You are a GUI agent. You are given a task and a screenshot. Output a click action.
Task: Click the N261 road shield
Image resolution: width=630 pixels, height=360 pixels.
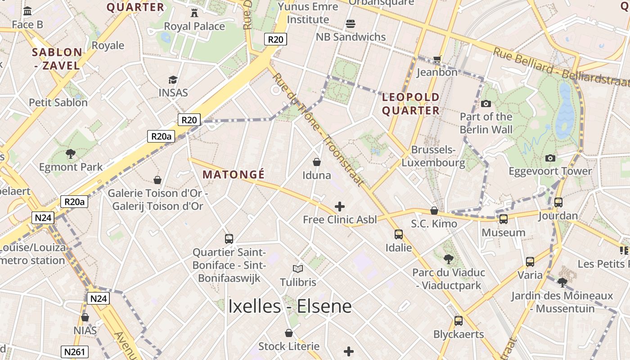pos(75,351)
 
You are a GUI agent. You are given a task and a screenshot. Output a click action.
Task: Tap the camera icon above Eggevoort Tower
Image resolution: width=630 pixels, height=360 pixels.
pos(550,158)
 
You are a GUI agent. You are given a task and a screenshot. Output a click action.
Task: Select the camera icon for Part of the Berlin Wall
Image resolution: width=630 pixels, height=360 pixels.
pos(486,103)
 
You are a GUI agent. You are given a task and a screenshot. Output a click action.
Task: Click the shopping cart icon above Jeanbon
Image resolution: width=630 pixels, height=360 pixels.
pos(437,59)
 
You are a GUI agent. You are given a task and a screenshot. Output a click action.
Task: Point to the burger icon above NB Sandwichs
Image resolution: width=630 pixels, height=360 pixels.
pos(351,23)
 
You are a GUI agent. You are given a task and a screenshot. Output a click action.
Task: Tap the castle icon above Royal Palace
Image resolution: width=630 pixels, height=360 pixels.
pos(194,13)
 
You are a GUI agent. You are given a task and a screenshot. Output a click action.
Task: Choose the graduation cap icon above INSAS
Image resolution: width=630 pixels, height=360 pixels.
pos(173,80)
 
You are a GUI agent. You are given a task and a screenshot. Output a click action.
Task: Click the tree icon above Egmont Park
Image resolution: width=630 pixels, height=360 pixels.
pos(71,154)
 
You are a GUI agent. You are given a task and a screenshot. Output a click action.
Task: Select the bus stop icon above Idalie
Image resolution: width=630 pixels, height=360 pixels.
pos(399,234)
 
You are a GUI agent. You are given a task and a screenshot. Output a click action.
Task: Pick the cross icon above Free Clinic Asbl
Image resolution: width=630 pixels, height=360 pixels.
pos(340,207)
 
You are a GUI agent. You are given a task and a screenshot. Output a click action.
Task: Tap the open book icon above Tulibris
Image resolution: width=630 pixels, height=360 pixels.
pos(298,269)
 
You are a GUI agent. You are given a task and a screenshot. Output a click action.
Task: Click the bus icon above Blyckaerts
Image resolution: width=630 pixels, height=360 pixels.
pos(459,321)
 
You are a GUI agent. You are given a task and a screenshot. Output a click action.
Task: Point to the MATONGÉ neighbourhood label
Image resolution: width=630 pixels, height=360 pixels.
pos(234,175)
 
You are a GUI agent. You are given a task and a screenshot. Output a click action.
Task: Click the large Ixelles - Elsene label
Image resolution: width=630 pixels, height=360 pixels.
pos(290,306)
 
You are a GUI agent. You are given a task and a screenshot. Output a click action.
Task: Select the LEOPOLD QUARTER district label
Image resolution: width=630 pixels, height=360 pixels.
pos(410,103)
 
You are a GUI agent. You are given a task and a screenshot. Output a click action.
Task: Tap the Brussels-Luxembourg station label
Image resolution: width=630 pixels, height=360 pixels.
pos(433,156)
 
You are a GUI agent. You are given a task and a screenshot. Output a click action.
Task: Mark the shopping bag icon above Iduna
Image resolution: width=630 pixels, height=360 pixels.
pos(317,162)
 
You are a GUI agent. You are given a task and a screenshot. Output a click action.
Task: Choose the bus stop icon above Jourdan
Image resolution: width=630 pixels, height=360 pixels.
pos(558,202)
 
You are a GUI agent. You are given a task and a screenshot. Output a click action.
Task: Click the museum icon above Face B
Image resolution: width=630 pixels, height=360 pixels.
pos(27,11)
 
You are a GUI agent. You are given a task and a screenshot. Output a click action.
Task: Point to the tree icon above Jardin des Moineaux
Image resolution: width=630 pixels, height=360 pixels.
pos(562,283)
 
